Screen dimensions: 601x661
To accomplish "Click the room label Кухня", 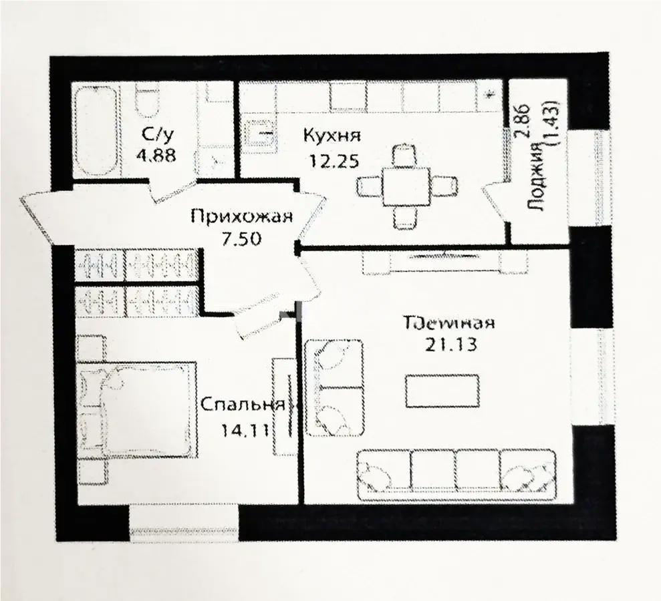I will point(332,136).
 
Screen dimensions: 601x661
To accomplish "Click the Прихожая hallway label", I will point(242,216).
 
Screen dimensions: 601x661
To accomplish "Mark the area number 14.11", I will point(245,429).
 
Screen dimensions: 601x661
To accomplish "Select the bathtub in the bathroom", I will point(94,130).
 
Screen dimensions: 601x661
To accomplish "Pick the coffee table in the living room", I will point(442,391).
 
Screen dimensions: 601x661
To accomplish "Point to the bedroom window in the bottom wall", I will point(184,524).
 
